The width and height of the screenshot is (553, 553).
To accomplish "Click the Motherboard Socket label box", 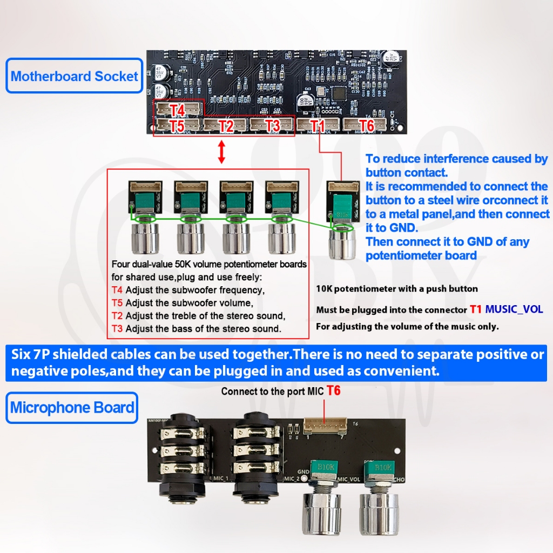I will point(75,76).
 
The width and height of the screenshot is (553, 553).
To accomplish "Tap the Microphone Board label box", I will point(72,407).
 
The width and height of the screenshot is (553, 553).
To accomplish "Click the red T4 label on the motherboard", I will point(178,110).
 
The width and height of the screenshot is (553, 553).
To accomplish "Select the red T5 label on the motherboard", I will point(178,126).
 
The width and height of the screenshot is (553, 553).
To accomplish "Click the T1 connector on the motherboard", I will point(318,126).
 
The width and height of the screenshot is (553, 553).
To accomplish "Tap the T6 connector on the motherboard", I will point(366,125).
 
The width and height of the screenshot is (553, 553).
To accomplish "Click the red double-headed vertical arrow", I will point(221,152).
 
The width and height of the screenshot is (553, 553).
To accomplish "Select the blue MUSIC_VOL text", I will point(514,309).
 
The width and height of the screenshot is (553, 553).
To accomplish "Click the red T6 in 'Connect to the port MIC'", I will point(334,390).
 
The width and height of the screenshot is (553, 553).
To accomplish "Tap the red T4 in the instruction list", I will point(117,290).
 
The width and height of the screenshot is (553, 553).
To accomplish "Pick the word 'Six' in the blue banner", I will point(23,355).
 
